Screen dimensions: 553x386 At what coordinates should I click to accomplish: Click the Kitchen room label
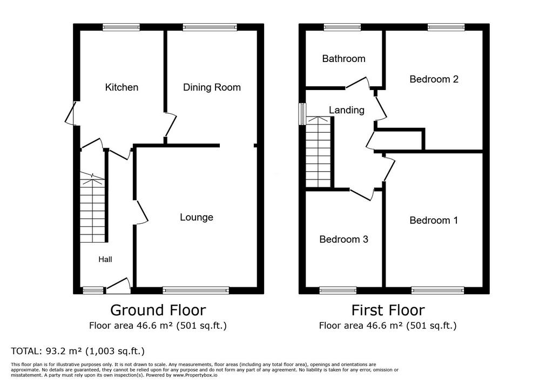[x=122, y=87]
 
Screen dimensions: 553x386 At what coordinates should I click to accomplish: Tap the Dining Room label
[x=212, y=87]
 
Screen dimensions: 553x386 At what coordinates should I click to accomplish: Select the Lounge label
[x=197, y=217]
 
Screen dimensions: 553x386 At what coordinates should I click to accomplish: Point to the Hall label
[x=105, y=259]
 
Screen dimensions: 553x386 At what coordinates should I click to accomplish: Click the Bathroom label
[x=344, y=58]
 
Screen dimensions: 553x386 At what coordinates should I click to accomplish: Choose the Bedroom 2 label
[x=434, y=79]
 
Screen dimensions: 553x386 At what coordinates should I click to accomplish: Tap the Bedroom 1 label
[x=434, y=220]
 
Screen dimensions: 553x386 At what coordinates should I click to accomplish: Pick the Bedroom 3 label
[x=344, y=239]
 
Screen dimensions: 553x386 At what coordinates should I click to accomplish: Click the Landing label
[x=347, y=110]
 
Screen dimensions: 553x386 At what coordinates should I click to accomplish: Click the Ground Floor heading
[x=158, y=311]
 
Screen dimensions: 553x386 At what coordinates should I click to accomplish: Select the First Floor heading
[x=388, y=311]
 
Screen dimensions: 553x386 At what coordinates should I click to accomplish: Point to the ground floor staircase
[x=93, y=207]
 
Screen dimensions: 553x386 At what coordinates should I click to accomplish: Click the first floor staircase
[x=319, y=152]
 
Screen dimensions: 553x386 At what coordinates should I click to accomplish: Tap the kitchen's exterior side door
[x=71, y=113]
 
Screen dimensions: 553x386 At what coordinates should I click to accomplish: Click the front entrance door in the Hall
[x=118, y=286]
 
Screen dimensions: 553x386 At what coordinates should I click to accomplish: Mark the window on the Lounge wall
[x=195, y=290]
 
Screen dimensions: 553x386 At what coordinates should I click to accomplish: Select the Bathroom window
[x=342, y=27]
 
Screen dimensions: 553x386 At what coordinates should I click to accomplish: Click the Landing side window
[x=302, y=113]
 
